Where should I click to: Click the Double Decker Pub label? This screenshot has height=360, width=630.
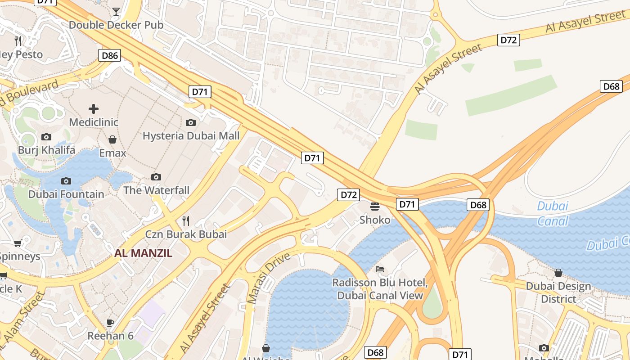pyautogui.click(x=116, y=25)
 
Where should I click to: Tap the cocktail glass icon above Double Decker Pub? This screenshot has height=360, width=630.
pyautogui.click(x=116, y=11)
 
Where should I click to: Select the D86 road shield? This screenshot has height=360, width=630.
pyautogui.click(x=110, y=56)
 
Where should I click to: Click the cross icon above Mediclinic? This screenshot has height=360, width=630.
pyautogui.click(x=94, y=109)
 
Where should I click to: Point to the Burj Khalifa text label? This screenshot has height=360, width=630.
pyautogui.click(x=46, y=150)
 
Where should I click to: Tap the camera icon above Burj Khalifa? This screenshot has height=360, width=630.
pyautogui.click(x=46, y=137)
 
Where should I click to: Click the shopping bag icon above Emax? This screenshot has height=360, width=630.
pyautogui.click(x=112, y=139)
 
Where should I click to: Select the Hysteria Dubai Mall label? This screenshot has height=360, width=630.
pyautogui.click(x=191, y=135)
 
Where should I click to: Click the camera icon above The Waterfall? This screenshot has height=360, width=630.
pyautogui.click(x=156, y=177)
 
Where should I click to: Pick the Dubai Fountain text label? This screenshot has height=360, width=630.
pyautogui.click(x=66, y=194)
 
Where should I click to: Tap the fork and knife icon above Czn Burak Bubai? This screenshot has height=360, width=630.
pyautogui.click(x=186, y=221)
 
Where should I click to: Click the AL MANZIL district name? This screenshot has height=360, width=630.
pyautogui.click(x=143, y=253)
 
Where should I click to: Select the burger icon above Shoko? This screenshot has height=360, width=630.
pyautogui.click(x=375, y=207)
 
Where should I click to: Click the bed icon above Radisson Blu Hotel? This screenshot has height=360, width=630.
pyautogui.click(x=380, y=269)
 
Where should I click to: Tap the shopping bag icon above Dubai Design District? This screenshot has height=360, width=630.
pyautogui.click(x=558, y=273)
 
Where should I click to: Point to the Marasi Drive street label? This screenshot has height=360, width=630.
pyautogui.click(x=269, y=278)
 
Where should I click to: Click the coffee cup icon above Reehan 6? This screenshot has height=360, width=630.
pyautogui.click(x=110, y=322)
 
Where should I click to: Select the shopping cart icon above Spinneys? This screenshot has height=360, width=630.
pyautogui.click(x=18, y=243)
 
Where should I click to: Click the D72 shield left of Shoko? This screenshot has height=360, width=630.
pyautogui.click(x=349, y=195)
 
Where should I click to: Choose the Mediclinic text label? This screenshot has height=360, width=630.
pyautogui.click(x=94, y=122)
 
